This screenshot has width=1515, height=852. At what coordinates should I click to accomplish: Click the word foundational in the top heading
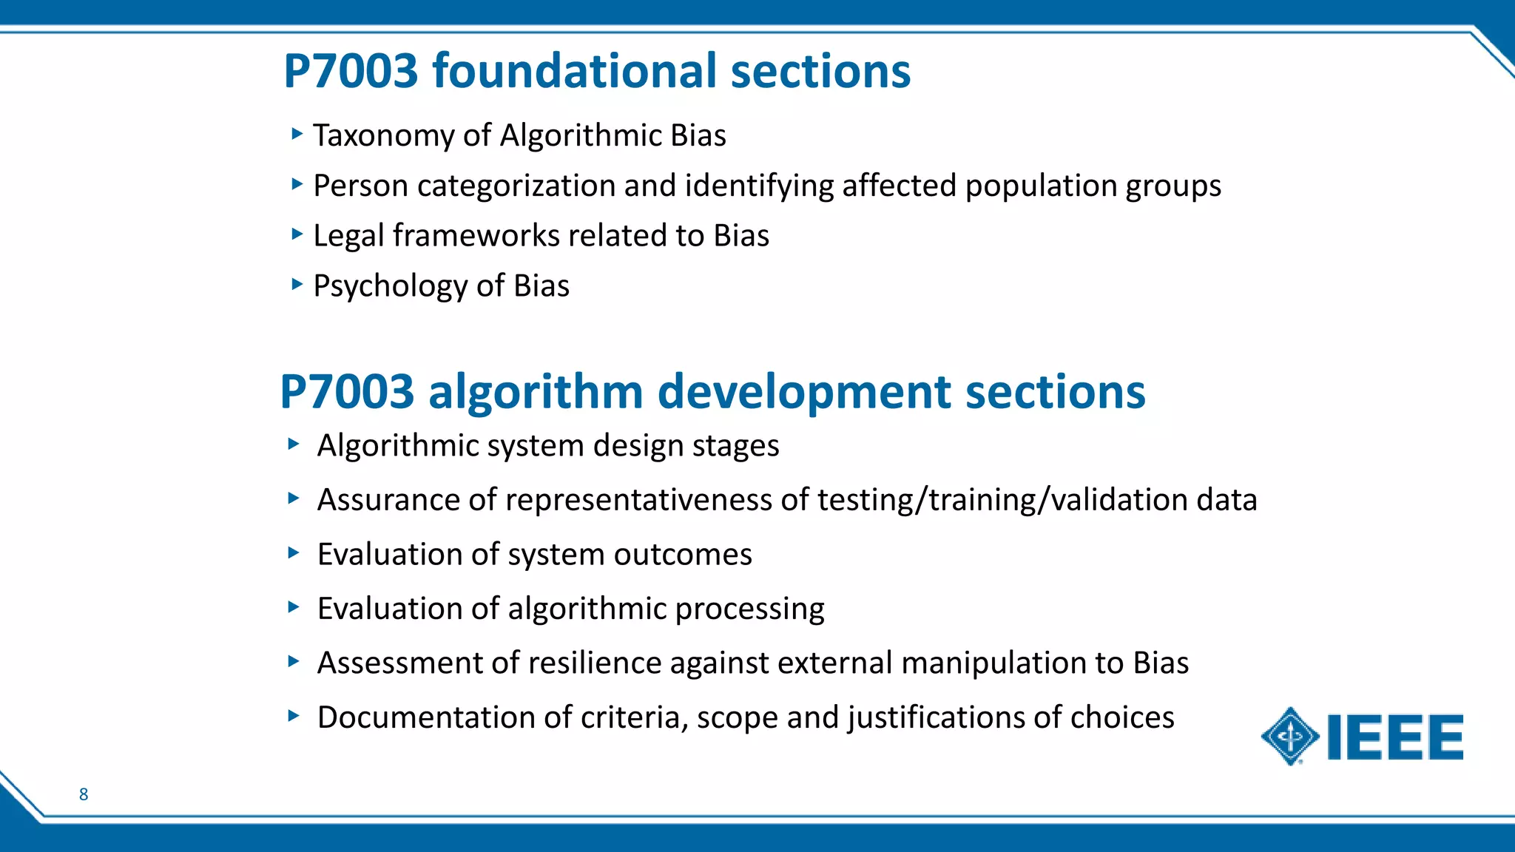coord(575,71)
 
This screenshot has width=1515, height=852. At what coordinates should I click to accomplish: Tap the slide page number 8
coord(84,794)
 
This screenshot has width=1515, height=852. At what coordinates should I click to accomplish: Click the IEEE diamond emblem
coord(1290,737)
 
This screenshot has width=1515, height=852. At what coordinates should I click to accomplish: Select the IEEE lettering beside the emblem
coord(1396,737)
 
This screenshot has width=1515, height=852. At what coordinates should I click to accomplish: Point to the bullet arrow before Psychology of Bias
coord(297,284)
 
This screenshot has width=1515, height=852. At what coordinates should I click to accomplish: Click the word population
coord(1041,186)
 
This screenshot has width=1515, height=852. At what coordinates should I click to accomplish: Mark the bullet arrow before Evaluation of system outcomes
coord(294,552)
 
